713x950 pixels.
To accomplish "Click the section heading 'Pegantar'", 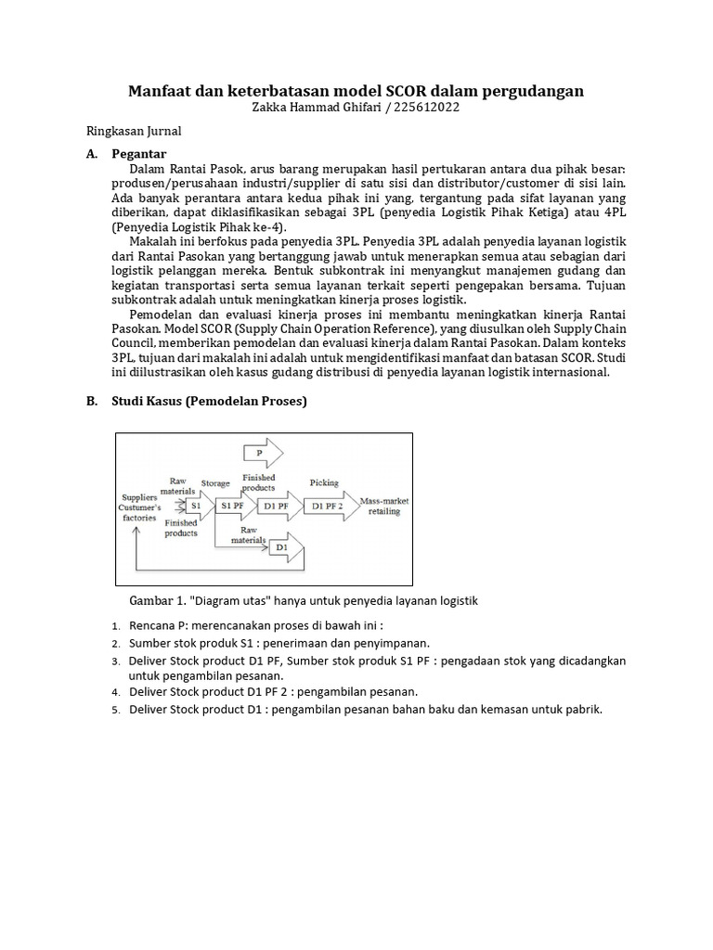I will (x=138, y=154).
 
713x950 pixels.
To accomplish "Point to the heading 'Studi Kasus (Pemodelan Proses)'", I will (x=209, y=401).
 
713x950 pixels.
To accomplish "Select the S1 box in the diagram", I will (x=196, y=506).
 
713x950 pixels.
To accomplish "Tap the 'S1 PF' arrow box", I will (x=232, y=506).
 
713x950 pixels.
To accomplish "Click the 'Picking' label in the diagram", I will (x=324, y=483).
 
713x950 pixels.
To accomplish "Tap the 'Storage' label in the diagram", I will (x=215, y=483).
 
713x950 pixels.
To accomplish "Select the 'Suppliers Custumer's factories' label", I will (x=139, y=507).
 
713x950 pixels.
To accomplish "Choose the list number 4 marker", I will (x=116, y=692).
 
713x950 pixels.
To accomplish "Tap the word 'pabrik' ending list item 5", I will (x=583, y=710).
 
